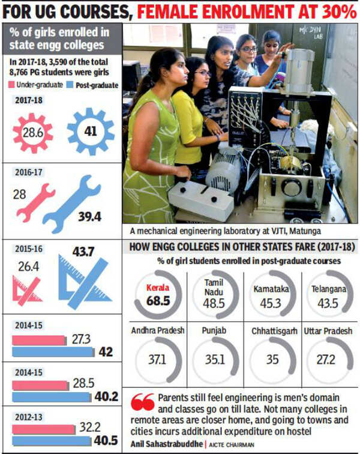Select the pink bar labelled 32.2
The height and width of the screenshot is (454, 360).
[46, 429]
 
